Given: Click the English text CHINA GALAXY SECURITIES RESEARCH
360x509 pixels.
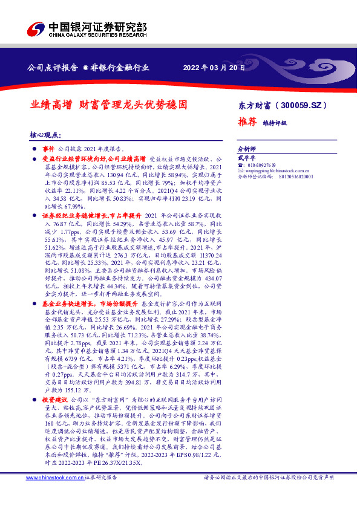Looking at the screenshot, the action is (x=96, y=35).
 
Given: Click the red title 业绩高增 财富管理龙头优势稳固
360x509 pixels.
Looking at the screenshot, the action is (x=109, y=105).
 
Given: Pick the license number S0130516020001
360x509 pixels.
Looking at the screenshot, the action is (x=297, y=178).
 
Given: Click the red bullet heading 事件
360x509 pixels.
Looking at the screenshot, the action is (x=48, y=148).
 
